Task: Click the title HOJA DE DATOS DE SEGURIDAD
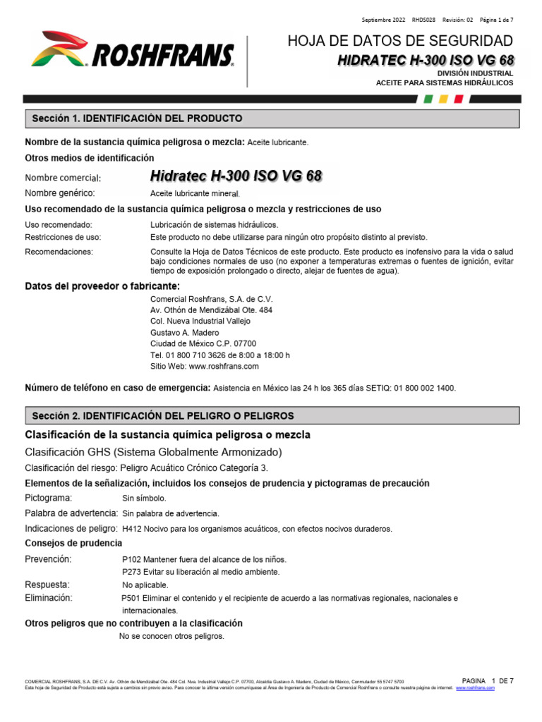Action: (x=400, y=40)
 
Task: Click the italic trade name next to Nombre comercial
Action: (x=237, y=175)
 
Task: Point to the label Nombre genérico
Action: (x=60, y=193)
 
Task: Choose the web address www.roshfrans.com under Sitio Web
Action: (x=224, y=367)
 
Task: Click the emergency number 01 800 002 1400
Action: (x=425, y=388)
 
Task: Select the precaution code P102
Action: (x=133, y=560)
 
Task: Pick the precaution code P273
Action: (x=133, y=572)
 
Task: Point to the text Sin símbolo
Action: (x=145, y=498)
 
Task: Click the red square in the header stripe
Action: (x=459, y=99)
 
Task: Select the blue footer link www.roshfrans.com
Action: (x=476, y=688)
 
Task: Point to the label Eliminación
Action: (x=49, y=597)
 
